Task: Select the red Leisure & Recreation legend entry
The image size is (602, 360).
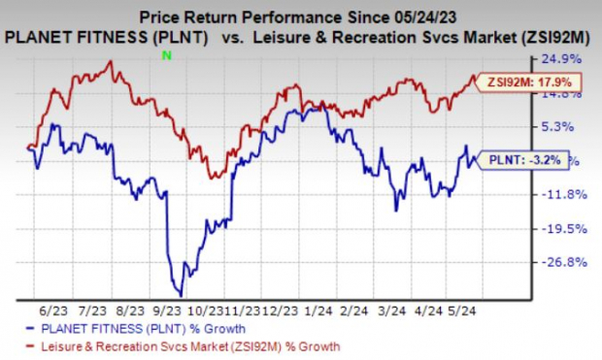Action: pos(184,344)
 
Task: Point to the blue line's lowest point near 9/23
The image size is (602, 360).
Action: pos(180,294)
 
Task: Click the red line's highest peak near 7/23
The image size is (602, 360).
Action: pos(111,62)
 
